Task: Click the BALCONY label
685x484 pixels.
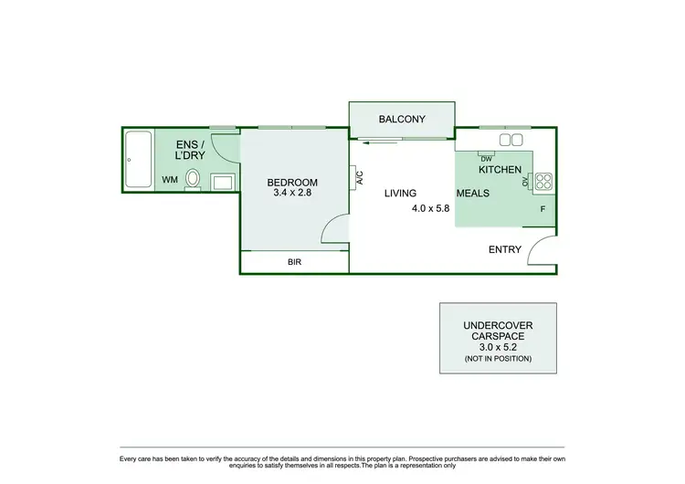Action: coord(402,119)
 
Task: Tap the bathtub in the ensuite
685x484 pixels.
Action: coord(138,161)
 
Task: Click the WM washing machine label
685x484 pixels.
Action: coord(170,180)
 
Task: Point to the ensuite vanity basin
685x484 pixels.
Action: coord(224,182)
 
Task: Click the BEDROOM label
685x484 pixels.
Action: coord(292,182)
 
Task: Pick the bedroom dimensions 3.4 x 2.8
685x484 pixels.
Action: coord(292,193)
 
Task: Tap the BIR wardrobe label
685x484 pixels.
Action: coord(294,262)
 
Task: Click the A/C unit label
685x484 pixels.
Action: coord(359,177)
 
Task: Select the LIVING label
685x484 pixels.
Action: coord(400,193)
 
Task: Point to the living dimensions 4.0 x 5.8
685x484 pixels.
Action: coord(431,208)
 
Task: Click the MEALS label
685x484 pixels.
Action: coord(473,193)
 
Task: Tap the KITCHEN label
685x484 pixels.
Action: coord(500,170)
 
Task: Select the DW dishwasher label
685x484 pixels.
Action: coord(486,158)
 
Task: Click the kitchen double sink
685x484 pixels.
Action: coord(511,140)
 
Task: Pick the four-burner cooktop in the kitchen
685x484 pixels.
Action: coord(543,181)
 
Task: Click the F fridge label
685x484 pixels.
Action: coord(543,209)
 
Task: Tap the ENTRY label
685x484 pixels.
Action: coord(505,249)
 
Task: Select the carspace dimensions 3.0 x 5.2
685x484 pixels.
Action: coord(498,347)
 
